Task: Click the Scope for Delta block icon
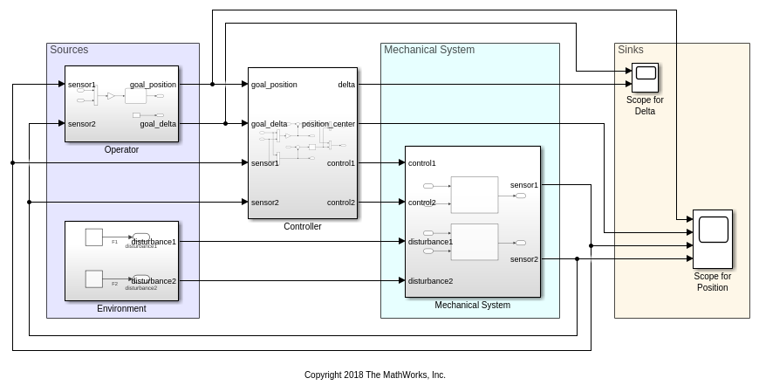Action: (646, 78)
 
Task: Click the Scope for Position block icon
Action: (713, 238)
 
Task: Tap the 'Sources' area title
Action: (69, 50)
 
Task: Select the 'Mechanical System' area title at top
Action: (429, 50)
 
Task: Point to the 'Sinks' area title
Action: (631, 50)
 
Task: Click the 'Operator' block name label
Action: (121, 149)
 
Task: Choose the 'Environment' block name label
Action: (121, 308)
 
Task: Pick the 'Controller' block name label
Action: (303, 226)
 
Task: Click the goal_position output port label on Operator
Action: (153, 85)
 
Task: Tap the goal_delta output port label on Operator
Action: (158, 124)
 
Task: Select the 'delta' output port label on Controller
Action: (346, 85)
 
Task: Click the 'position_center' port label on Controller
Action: (328, 124)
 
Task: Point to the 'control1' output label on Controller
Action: (341, 163)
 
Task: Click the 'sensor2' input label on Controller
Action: (265, 203)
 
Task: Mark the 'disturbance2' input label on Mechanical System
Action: (430, 281)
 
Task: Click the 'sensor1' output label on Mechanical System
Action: (524, 185)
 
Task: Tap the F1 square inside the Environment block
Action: (94, 237)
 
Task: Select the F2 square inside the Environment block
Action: (94, 279)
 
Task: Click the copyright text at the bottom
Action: (375, 375)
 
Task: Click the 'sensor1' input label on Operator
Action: (82, 85)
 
